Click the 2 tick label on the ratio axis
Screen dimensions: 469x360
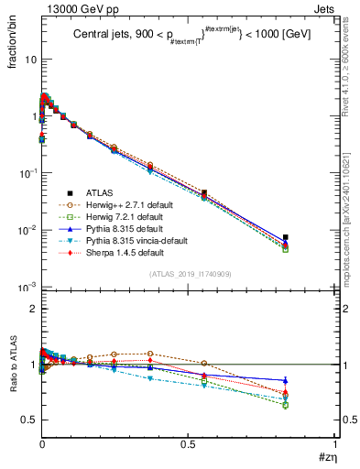(31, 310)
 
